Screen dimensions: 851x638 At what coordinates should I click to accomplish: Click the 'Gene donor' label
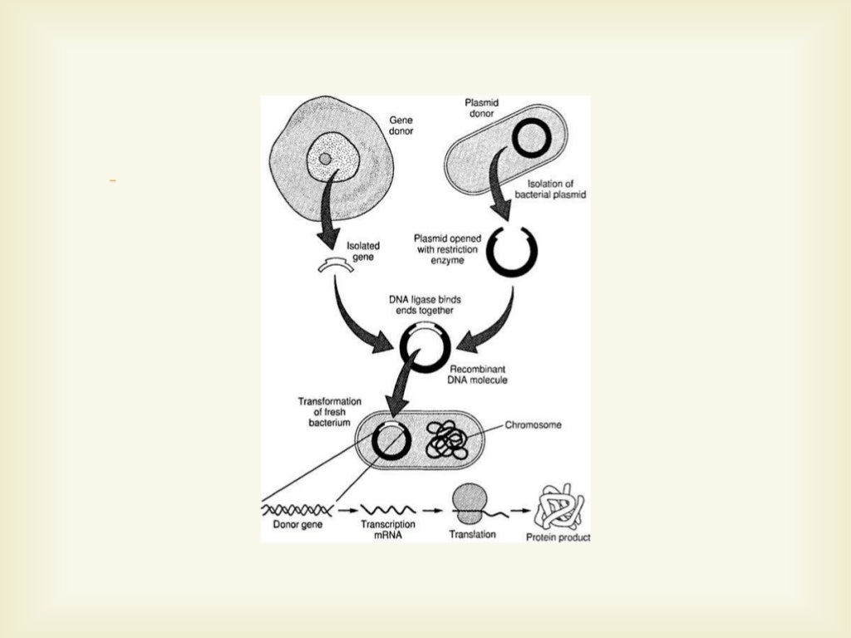401,125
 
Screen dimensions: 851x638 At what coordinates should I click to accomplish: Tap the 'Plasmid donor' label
480,108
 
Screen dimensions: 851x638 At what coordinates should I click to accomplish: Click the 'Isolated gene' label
364,251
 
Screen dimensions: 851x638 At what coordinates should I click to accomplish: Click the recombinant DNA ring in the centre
424,346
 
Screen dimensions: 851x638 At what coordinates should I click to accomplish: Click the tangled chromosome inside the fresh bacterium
447,440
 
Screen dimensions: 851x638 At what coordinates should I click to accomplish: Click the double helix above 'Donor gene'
298,508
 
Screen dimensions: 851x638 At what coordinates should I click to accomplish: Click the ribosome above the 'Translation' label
471,504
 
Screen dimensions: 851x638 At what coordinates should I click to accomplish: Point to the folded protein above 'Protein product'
558,508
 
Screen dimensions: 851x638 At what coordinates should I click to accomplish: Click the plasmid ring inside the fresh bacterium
390,439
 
